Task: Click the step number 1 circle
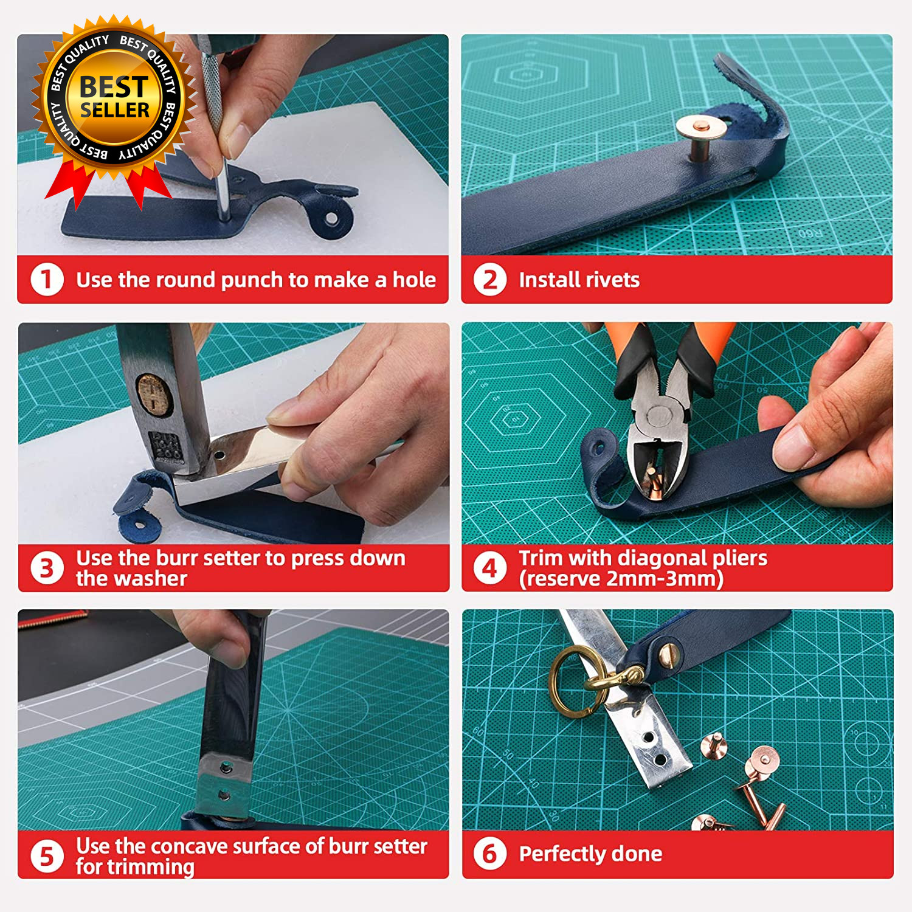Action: tap(47, 280)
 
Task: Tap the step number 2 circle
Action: tap(490, 280)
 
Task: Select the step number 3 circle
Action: tap(47, 568)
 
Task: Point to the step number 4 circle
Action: tap(490, 568)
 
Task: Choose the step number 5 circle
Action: tap(47, 856)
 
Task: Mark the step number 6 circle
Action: tap(490, 853)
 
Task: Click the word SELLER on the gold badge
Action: tap(115, 110)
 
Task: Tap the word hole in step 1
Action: tap(414, 280)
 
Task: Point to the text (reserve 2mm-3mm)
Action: tap(621, 579)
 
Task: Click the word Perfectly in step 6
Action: tap(562, 854)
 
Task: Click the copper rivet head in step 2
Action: tap(701, 128)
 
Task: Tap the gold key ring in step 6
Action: tap(578, 682)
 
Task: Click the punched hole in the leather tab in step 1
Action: tap(332, 218)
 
